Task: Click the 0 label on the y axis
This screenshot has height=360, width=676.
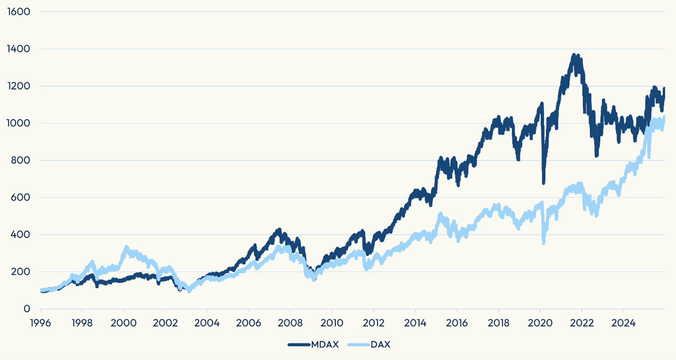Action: [27, 309]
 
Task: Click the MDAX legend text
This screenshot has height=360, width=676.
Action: [325, 344]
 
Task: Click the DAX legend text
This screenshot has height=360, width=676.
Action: [381, 344]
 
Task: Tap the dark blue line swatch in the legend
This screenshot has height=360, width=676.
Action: [299, 344]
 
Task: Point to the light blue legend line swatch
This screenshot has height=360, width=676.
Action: [358, 344]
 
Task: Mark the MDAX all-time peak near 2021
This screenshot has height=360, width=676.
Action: [574, 56]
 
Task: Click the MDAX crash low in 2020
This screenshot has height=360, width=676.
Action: [544, 182]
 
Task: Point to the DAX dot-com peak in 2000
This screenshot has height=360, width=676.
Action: [126, 247]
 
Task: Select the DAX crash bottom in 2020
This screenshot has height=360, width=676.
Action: [544, 243]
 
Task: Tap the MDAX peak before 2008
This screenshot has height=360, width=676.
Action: [279, 230]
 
